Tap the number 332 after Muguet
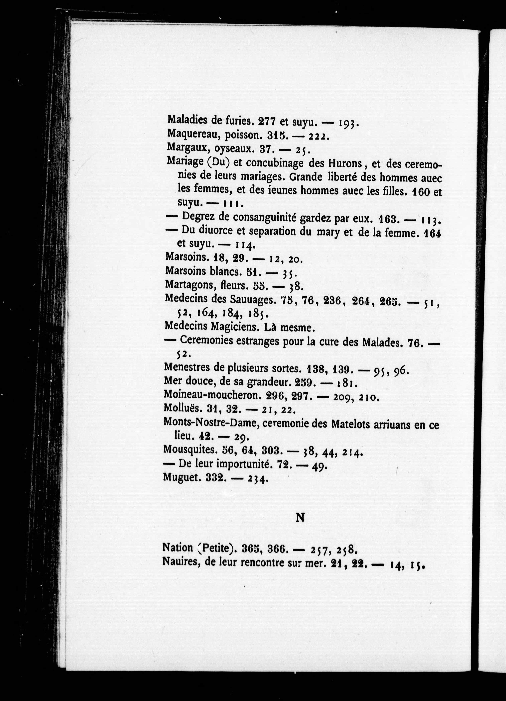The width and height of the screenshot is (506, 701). (214, 478)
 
